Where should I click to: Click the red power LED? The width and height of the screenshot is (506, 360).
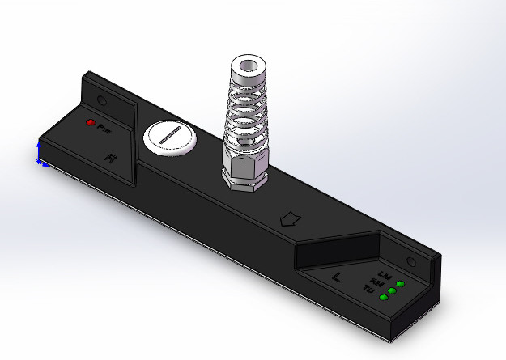click(x=91, y=123)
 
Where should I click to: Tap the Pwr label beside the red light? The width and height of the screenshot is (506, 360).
click(x=103, y=128)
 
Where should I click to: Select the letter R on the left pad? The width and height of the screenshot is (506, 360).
click(x=111, y=159)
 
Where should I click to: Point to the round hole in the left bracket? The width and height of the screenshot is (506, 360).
click(x=102, y=101)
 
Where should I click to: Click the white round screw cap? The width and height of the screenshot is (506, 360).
click(x=170, y=138)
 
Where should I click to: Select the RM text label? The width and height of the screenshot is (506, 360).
click(x=378, y=282)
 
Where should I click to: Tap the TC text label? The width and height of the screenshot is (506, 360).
click(x=369, y=289)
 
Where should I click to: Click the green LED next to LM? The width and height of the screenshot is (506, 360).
click(x=400, y=285)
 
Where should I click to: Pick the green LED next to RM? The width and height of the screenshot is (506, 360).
click(x=391, y=291)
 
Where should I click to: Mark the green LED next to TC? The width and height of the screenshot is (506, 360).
click(x=383, y=298)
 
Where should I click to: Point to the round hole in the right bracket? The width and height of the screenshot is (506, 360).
click(x=410, y=262)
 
